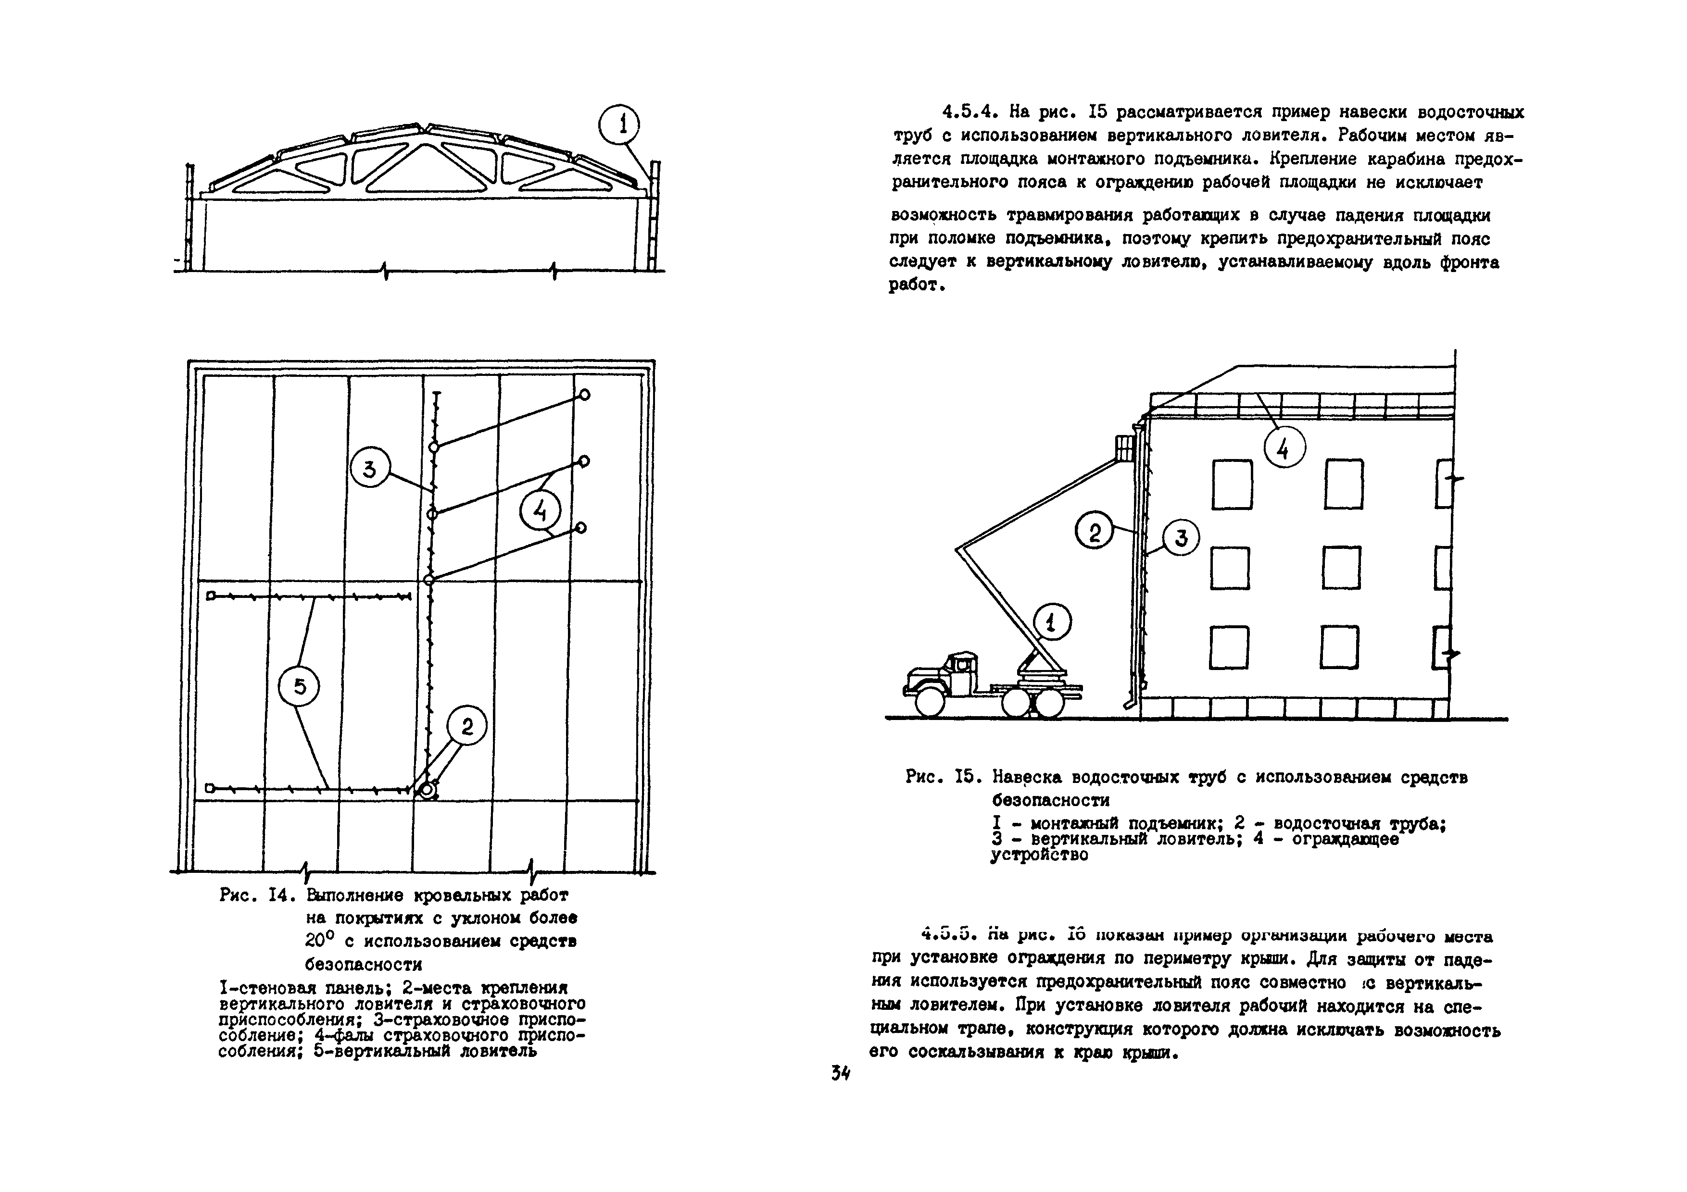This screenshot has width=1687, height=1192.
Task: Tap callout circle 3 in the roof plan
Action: tap(370, 469)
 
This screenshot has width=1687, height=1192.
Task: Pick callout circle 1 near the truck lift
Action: tap(1051, 623)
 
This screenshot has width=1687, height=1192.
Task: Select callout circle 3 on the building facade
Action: tap(1181, 538)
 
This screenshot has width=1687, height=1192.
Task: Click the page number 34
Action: tap(840, 1073)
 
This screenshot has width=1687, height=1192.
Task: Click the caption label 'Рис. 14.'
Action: tap(256, 896)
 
